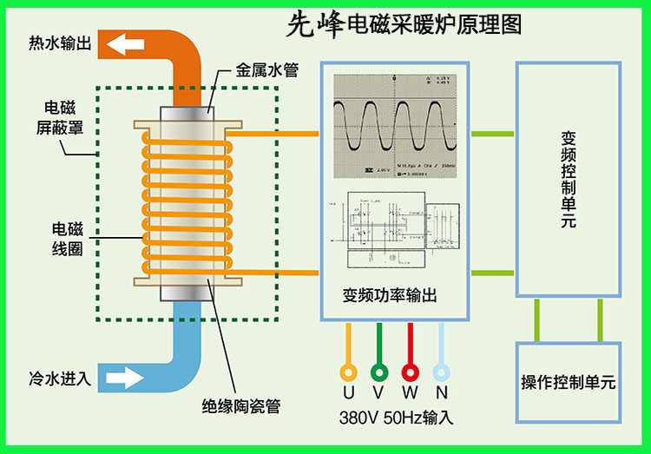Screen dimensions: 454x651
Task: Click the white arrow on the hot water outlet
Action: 124,43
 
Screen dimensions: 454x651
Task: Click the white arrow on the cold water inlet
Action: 124,378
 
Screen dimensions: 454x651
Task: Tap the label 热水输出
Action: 60,43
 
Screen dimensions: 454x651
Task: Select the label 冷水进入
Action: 60,378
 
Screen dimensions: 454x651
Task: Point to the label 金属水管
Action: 266,70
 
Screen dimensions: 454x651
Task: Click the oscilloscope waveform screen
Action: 396,123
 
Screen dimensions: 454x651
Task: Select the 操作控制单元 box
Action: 569,381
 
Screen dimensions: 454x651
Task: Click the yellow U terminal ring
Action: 349,372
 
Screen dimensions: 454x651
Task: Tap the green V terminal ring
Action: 379,372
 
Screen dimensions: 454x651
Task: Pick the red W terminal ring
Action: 410,372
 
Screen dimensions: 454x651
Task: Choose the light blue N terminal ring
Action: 441,372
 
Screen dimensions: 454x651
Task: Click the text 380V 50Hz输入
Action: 396,417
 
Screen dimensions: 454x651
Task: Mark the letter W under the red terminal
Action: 410,393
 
